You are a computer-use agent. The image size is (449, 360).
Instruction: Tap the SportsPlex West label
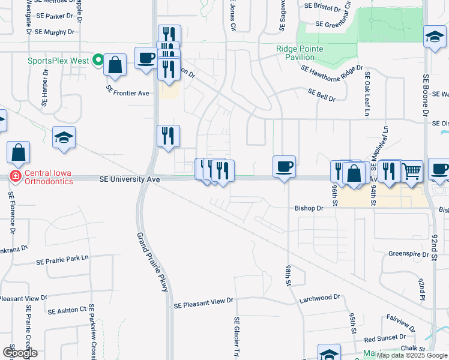click(x=58, y=61)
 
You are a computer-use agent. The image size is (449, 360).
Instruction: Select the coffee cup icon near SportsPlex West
click(x=146, y=58)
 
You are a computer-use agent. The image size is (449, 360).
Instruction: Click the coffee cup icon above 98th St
click(x=284, y=166)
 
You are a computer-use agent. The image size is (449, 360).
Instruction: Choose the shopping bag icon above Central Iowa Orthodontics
click(x=19, y=152)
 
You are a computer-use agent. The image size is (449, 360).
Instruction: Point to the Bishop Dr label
click(x=309, y=208)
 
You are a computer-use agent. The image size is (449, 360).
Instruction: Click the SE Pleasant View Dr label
click(x=203, y=305)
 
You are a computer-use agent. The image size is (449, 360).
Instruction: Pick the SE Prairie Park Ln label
click(x=62, y=260)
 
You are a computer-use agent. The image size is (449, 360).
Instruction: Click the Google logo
click(x=20, y=352)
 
